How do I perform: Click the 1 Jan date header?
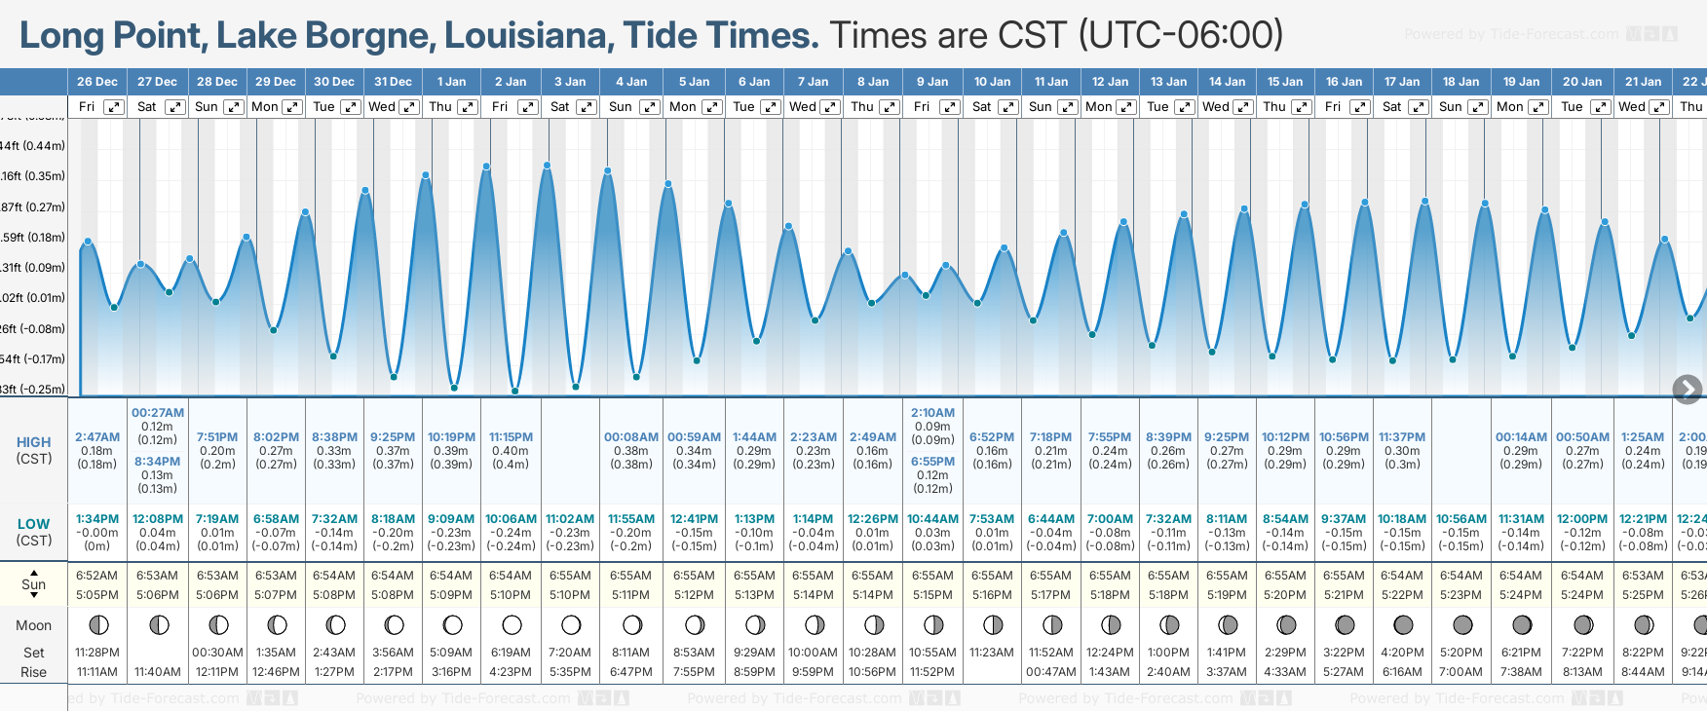tap(451, 82)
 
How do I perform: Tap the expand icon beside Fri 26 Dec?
tap(114, 107)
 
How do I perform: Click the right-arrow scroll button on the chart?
tap(1687, 390)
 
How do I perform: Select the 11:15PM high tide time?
tap(511, 437)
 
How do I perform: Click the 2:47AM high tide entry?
tap(97, 437)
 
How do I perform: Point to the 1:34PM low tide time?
tap(97, 519)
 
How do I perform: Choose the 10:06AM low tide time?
tap(511, 519)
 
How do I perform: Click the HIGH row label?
tap(34, 442)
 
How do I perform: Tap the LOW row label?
tap(34, 524)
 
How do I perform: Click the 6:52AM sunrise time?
tap(97, 576)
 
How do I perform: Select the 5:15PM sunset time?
tap(932, 594)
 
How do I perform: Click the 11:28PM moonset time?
tap(97, 653)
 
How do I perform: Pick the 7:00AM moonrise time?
tap(1461, 671)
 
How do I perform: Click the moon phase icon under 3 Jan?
tap(571, 624)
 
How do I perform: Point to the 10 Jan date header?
tap(993, 82)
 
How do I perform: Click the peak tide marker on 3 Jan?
tap(548, 166)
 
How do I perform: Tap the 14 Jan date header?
tap(1228, 82)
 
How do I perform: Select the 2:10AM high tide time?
tap(932, 413)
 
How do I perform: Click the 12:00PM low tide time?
tap(1581, 519)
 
